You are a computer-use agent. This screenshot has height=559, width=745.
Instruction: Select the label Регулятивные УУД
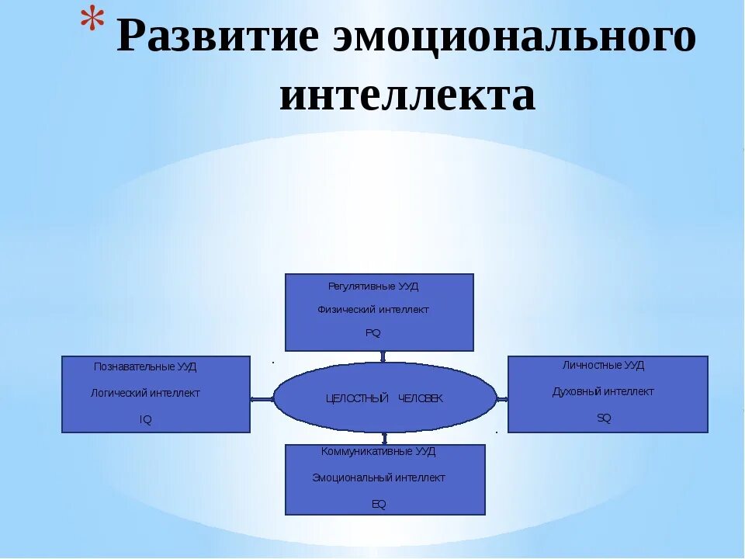(373, 286)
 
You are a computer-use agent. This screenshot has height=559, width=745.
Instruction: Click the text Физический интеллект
(373, 310)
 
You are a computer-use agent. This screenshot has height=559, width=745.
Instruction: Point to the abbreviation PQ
(373, 333)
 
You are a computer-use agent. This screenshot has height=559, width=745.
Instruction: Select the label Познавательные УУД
(145, 366)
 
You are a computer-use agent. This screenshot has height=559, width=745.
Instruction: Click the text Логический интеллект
(145, 393)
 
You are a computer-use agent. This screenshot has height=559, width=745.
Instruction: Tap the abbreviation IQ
(145, 419)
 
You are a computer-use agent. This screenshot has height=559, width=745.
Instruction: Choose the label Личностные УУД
(603, 365)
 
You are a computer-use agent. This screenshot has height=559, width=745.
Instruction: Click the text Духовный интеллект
(603, 391)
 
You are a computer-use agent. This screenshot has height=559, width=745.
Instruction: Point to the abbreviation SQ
(604, 418)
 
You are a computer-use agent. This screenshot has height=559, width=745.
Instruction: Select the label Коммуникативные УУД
(379, 451)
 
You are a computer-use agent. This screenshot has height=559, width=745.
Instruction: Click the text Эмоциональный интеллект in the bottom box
(379, 477)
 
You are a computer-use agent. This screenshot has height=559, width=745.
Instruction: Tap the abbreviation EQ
(379, 504)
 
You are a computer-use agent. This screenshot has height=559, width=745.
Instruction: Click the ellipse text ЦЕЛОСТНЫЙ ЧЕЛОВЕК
(384, 398)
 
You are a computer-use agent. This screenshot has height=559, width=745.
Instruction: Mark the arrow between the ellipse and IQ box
(262, 399)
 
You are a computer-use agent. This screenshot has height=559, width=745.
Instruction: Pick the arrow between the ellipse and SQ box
(502, 399)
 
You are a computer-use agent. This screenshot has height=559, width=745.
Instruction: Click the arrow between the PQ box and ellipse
(383, 357)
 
